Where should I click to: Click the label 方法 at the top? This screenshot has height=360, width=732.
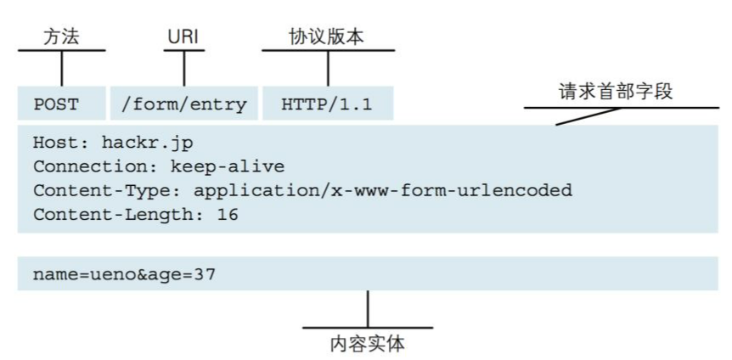62,37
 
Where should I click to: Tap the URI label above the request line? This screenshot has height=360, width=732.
183,37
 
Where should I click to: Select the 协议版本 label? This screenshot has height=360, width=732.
328,37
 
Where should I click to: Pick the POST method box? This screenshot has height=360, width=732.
57,105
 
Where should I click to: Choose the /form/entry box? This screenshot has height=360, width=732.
184,105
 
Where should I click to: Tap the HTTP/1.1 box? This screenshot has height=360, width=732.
327,105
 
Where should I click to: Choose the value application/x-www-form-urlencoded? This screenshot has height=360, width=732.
383,190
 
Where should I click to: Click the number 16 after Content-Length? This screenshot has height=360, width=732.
228,215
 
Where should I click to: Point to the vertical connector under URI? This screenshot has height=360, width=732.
183,69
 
